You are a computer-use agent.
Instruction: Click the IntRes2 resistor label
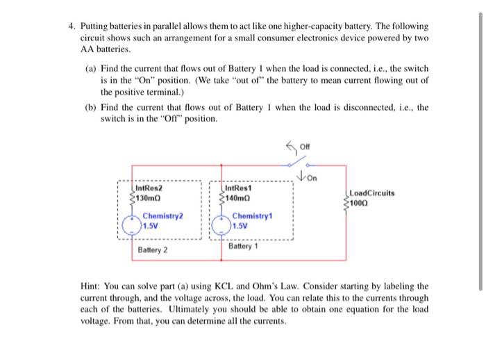149,188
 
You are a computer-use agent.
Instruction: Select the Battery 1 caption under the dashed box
243,247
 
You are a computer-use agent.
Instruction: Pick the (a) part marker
90,69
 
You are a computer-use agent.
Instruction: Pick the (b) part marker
90,108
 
